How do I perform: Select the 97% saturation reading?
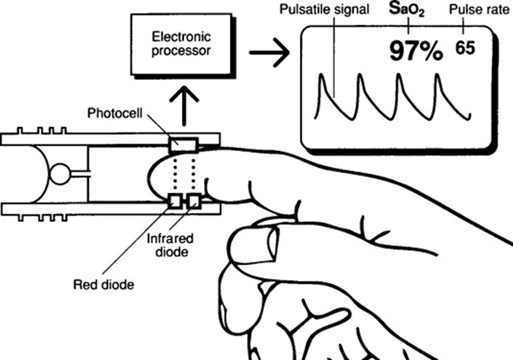pyautogui.click(x=415, y=50)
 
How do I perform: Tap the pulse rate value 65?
pyautogui.click(x=465, y=47)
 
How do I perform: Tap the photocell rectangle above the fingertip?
pyautogui.click(x=184, y=145)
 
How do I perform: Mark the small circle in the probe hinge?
pyautogui.click(x=60, y=174)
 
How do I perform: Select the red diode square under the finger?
pyautogui.click(x=176, y=200)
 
